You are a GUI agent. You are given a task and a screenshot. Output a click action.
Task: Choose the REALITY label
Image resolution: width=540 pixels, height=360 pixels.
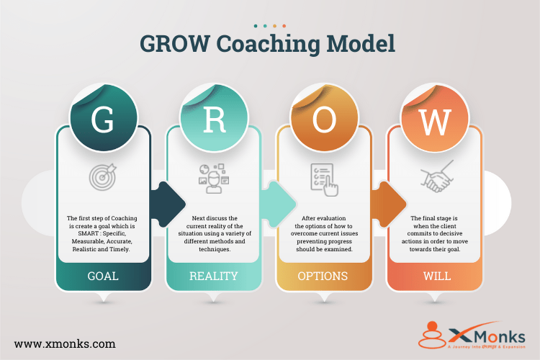pos(214,276)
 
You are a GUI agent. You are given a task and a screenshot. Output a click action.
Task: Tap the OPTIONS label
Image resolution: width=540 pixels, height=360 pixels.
pos(324,276)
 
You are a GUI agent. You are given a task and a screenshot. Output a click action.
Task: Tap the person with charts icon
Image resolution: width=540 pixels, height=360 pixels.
pos(213,177)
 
